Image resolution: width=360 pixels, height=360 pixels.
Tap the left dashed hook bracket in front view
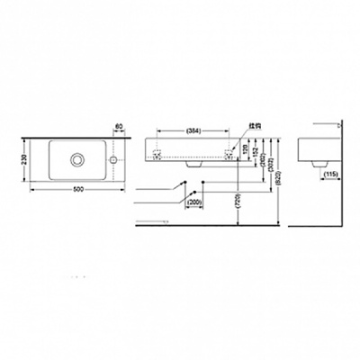pyautogui.click(x=158, y=154)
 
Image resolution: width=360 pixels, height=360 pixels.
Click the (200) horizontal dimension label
pyautogui.click(x=193, y=203)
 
